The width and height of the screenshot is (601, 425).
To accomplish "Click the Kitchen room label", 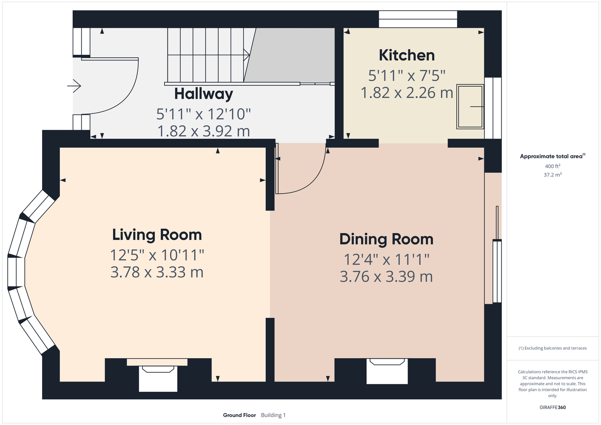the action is click(407, 55).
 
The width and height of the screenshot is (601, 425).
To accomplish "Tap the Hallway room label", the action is click(204, 94).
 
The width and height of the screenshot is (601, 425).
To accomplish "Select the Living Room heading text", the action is click(157, 235).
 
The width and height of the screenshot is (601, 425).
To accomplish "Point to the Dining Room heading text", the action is click(386, 239).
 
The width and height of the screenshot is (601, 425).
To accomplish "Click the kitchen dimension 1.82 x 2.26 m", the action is click(407, 93).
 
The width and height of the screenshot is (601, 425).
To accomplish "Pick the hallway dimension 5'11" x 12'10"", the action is click(203, 114).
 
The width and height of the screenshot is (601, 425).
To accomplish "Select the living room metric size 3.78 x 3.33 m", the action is click(157, 272).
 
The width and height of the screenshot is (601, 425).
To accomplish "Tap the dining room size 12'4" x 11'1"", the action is click(386, 260).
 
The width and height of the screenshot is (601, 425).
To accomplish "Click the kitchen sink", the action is click(470, 107).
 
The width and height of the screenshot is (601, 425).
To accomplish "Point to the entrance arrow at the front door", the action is click(74, 86).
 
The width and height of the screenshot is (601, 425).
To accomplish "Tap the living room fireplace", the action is click(157, 374).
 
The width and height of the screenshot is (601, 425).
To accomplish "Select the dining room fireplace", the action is click(387, 371).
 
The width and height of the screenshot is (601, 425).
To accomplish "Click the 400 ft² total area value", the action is click(553, 166).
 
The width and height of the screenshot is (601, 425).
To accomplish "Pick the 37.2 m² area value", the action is click(553, 175).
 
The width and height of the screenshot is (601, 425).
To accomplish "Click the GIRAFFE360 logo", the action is click(553, 407).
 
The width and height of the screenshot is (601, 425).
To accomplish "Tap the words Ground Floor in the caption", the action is click(239, 415).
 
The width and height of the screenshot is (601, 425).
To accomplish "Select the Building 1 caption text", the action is click(273, 415).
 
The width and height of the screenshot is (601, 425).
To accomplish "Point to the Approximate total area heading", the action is click(553, 156).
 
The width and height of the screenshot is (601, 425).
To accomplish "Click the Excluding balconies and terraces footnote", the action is click(553, 348).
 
